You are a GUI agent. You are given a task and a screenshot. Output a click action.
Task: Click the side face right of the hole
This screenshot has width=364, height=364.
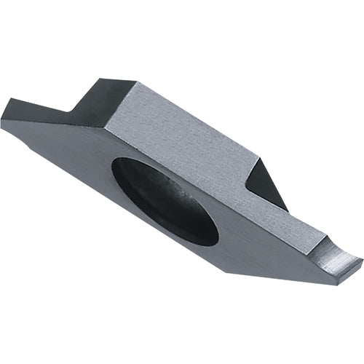(269, 248)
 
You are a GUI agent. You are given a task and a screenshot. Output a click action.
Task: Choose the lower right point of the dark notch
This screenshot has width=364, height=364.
(286, 210)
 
